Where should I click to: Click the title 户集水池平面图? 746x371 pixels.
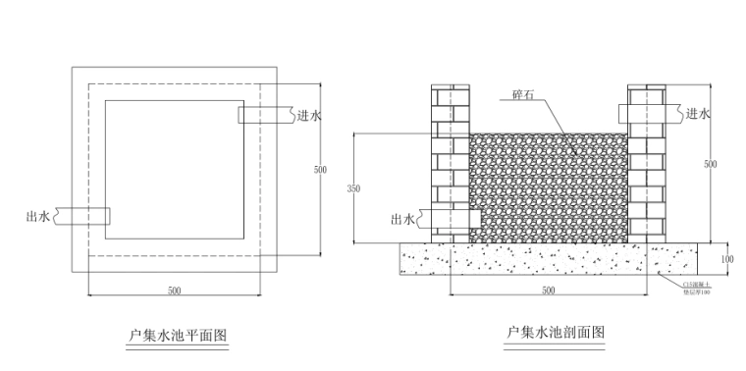point(178,335)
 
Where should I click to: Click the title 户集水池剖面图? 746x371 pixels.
point(556,334)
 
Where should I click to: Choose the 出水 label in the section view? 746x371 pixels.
point(402,220)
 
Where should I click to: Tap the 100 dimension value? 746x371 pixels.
point(726,259)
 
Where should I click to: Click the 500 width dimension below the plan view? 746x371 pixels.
point(175,291)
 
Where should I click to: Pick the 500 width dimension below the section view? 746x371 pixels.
point(548,291)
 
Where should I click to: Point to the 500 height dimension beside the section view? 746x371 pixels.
point(710,165)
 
